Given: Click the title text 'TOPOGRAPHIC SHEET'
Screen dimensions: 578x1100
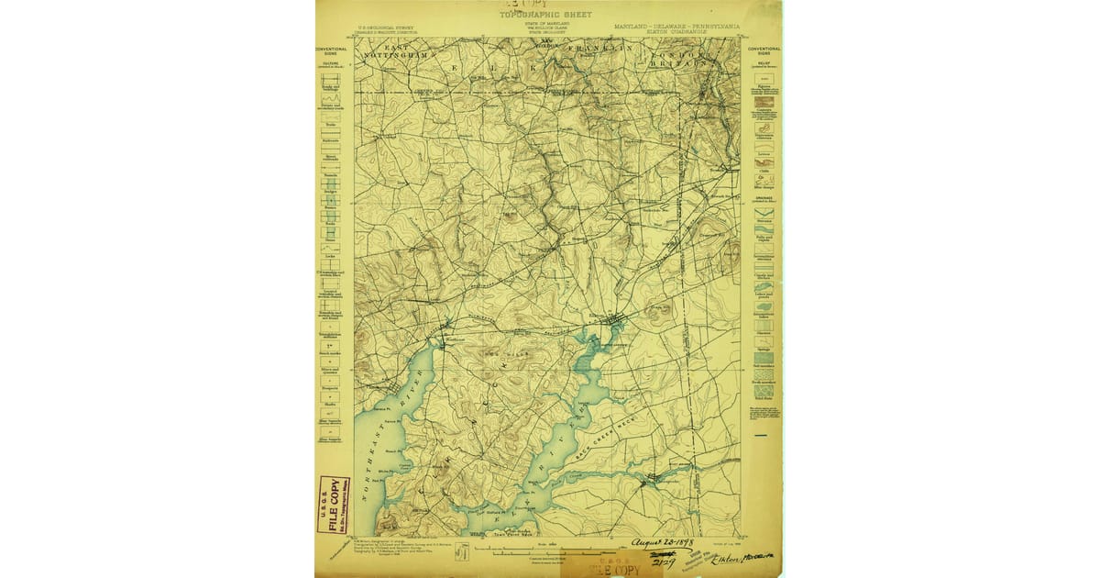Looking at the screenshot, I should (x=545, y=15).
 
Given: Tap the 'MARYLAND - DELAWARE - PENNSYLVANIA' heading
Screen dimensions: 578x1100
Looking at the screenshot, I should (x=676, y=27).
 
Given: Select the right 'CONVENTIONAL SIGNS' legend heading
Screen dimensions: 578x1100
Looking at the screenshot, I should (x=763, y=51).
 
